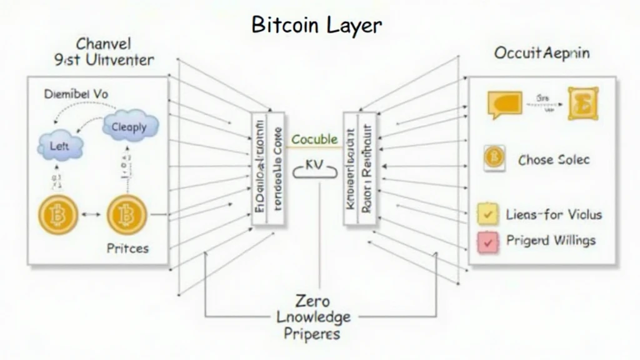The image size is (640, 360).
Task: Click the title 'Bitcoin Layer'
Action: click(x=316, y=24)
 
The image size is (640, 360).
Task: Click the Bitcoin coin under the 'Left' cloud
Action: click(x=59, y=216)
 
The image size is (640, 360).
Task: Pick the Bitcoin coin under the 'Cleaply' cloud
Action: click(x=126, y=216)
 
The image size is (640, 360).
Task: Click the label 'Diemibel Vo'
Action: click(x=76, y=94)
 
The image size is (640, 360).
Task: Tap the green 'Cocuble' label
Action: click(x=314, y=139)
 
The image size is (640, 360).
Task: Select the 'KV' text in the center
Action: click(x=314, y=164)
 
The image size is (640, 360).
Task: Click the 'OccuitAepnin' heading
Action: click(x=541, y=53)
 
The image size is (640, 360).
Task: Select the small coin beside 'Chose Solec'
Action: click(x=494, y=158)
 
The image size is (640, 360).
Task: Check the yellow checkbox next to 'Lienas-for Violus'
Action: click(x=487, y=214)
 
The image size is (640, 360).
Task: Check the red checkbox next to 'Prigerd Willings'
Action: click(x=487, y=241)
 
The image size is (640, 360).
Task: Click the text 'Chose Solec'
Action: click(x=554, y=160)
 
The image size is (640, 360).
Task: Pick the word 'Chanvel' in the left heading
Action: click(x=102, y=44)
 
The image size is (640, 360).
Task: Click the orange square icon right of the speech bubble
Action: click(x=582, y=103)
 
